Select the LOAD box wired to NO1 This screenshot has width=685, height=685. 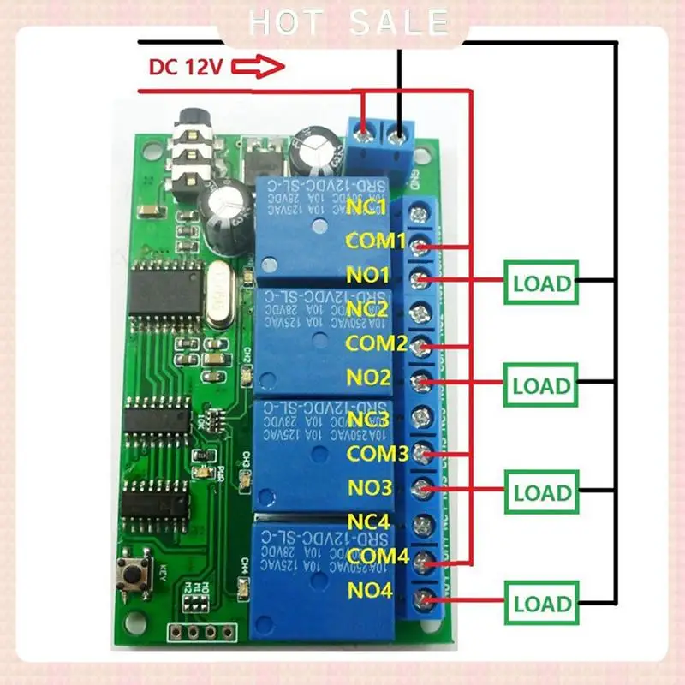click(540, 283)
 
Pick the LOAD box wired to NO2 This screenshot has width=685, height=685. click(540, 385)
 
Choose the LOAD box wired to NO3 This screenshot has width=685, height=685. click(540, 492)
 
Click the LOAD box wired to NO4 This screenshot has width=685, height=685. click(540, 603)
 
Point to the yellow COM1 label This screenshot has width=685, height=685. click(375, 241)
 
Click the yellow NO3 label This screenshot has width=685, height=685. click(370, 488)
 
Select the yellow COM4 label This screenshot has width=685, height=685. click(378, 557)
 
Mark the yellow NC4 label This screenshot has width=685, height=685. click(368, 521)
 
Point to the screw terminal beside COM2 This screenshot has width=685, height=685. click(420, 348)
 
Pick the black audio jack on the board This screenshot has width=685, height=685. click(184, 154)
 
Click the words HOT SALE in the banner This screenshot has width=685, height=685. click(347, 22)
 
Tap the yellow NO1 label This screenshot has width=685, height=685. click(368, 276)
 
